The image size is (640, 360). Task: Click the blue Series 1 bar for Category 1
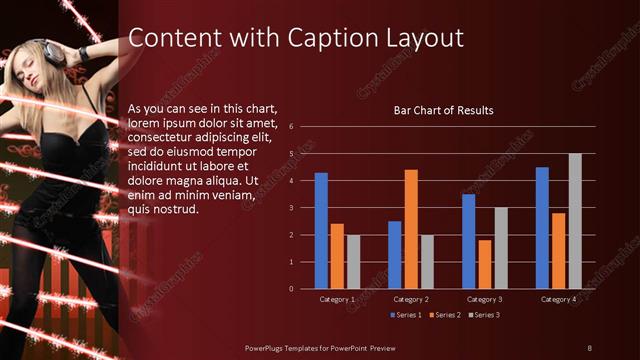click(x=321, y=231)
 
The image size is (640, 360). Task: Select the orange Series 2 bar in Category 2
click(x=410, y=229)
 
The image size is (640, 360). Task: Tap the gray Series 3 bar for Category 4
click(x=575, y=221)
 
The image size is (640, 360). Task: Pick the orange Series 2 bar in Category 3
click(x=484, y=264)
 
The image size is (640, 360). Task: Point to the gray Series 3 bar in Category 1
click(x=353, y=262)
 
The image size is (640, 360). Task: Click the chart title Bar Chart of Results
click(x=444, y=110)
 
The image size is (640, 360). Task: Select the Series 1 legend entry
click(x=405, y=315)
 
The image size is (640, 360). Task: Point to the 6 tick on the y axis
click(x=290, y=127)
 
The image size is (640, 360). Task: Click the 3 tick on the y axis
click(x=290, y=208)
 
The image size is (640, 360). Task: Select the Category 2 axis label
click(x=410, y=299)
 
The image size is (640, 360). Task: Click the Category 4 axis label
click(x=558, y=299)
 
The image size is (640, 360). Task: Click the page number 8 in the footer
click(x=589, y=347)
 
